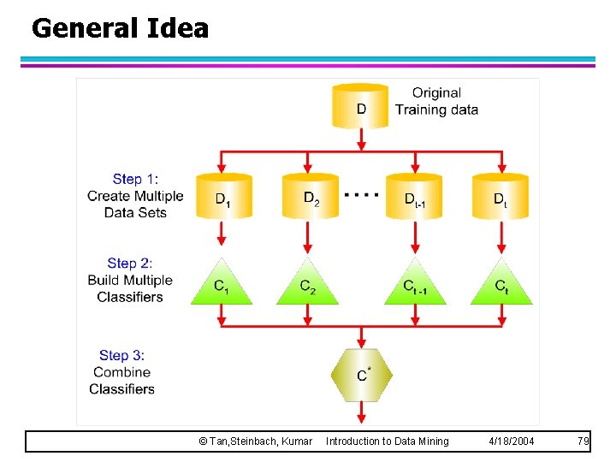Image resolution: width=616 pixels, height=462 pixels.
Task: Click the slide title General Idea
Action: [x=120, y=28]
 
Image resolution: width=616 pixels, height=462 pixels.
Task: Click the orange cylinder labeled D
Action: [x=361, y=106]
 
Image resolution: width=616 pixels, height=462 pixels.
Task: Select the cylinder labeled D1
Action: [x=222, y=196]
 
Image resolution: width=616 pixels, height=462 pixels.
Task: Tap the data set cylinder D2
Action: [x=310, y=196]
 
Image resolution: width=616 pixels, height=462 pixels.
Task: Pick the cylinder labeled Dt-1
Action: [x=415, y=196]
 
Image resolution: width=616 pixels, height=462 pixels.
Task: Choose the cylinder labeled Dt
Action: [x=500, y=196]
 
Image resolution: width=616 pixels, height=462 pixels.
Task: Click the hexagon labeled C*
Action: [x=362, y=374]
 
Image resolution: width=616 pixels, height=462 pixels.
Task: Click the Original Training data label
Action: [x=436, y=101]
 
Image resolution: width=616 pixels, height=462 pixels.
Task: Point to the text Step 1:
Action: [x=135, y=179]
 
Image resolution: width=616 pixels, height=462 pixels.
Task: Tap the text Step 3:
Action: [x=126, y=355]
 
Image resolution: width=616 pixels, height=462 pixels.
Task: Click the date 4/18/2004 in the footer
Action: [x=512, y=441]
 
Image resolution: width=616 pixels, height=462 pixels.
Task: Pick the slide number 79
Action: [x=583, y=441]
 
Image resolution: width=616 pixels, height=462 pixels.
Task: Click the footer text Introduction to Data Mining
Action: [x=387, y=441]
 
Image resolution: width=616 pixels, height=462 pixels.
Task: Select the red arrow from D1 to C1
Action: [x=222, y=234]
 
